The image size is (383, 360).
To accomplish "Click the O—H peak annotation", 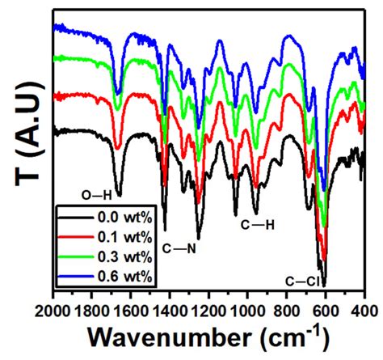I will (x=98, y=194).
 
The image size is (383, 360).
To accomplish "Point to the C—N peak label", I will (x=180, y=247).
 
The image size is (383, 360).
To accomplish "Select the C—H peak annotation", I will (x=259, y=225).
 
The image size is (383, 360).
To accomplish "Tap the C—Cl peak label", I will (x=304, y=281).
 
